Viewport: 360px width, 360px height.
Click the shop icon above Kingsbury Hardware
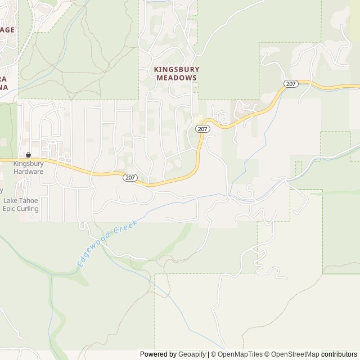coord(28,155)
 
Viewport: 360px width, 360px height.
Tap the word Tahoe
coord(29,200)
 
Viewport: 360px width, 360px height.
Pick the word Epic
coord(10,209)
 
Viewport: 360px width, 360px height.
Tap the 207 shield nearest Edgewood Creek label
coord(130,177)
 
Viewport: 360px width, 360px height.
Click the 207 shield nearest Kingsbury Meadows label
coord(202,129)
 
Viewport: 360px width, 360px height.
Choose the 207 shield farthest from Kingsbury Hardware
coord(290,84)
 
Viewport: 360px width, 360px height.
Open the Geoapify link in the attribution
coord(191,354)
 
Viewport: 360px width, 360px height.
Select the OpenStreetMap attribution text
coord(293,354)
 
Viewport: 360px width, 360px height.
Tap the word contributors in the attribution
coord(339,354)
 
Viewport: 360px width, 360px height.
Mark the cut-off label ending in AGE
coord(7,30)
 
